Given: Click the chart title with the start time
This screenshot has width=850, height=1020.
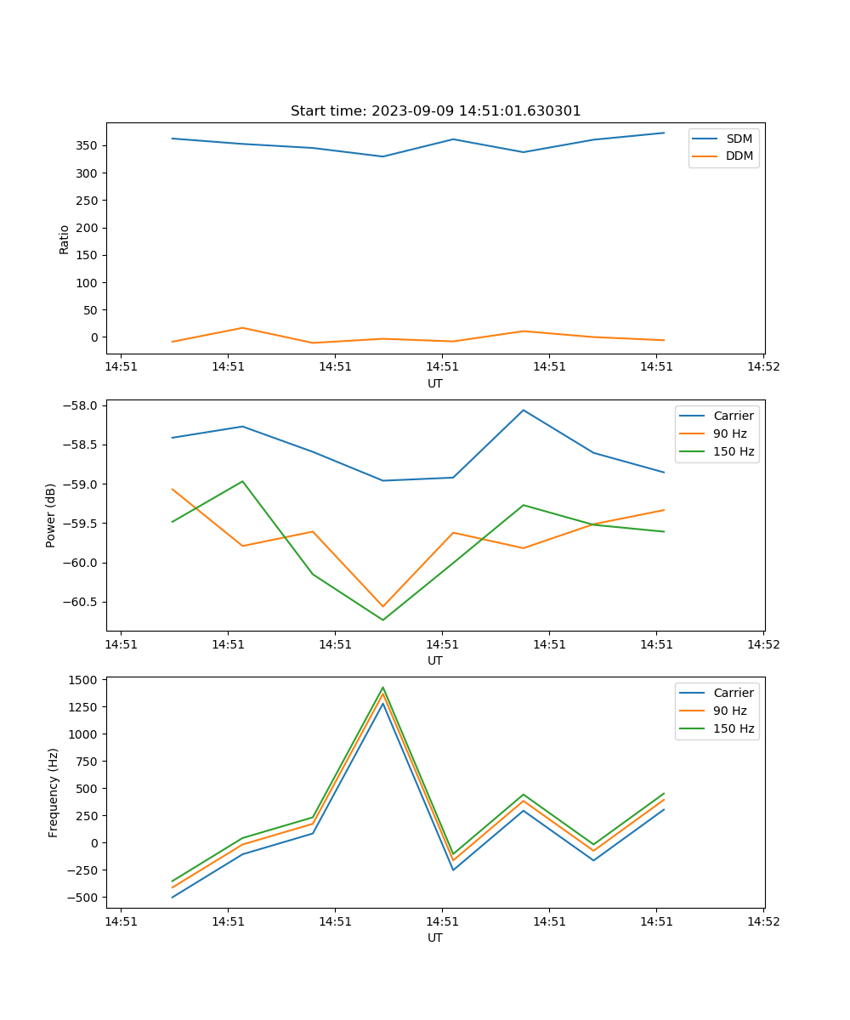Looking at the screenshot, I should (x=435, y=111).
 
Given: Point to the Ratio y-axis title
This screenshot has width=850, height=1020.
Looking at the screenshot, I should (x=65, y=239).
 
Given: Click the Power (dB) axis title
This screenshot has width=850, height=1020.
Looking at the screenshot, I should (x=52, y=515).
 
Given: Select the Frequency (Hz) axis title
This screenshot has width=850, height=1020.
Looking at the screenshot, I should (x=54, y=792).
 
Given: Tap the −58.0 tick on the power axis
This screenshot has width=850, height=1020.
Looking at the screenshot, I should (x=80, y=405).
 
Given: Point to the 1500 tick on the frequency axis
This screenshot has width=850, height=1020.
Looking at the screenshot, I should (x=84, y=679).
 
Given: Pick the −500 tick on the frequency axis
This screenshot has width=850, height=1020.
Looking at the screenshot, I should (x=84, y=898).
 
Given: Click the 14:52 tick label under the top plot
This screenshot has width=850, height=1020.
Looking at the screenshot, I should (x=763, y=367).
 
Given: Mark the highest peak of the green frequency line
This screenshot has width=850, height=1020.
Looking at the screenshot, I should (x=382, y=687).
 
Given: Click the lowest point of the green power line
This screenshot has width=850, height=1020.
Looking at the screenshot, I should (x=382, y=620).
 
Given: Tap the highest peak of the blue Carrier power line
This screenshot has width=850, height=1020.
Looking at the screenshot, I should (x=524, y=410).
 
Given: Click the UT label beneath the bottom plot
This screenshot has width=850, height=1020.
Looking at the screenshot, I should (x=435, y=938).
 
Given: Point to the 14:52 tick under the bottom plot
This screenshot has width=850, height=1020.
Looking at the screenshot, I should (x=763, y=921).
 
